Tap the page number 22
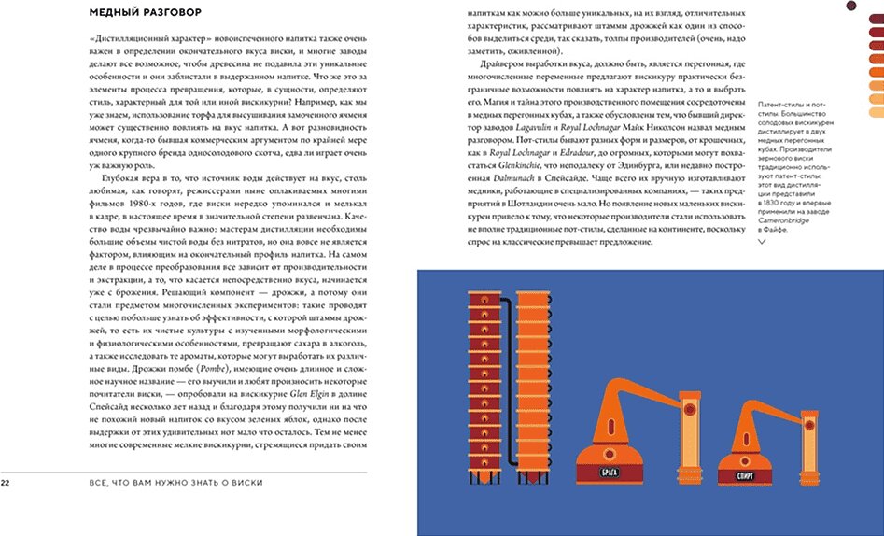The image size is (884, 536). coord(6,482)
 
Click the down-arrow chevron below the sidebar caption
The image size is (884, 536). coord(764,240)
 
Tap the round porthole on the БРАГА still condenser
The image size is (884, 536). coord(689,408)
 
